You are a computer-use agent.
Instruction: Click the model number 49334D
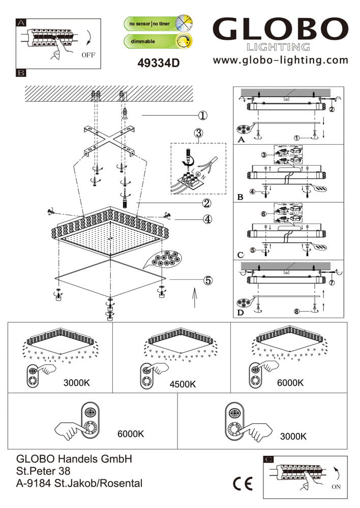click(159, 63)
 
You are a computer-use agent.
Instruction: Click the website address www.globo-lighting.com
click(281, 60)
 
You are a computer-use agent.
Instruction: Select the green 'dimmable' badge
click(158, 41)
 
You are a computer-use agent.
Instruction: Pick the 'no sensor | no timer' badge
click(158, 23)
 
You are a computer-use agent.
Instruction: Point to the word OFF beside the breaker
click(87, 55)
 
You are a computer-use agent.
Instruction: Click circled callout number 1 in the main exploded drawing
click(203, 115)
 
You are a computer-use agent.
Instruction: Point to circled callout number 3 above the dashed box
click(198, 134)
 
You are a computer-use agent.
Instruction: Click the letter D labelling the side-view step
click(240, 312)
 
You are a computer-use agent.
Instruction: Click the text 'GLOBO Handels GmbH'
click(75, 459)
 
